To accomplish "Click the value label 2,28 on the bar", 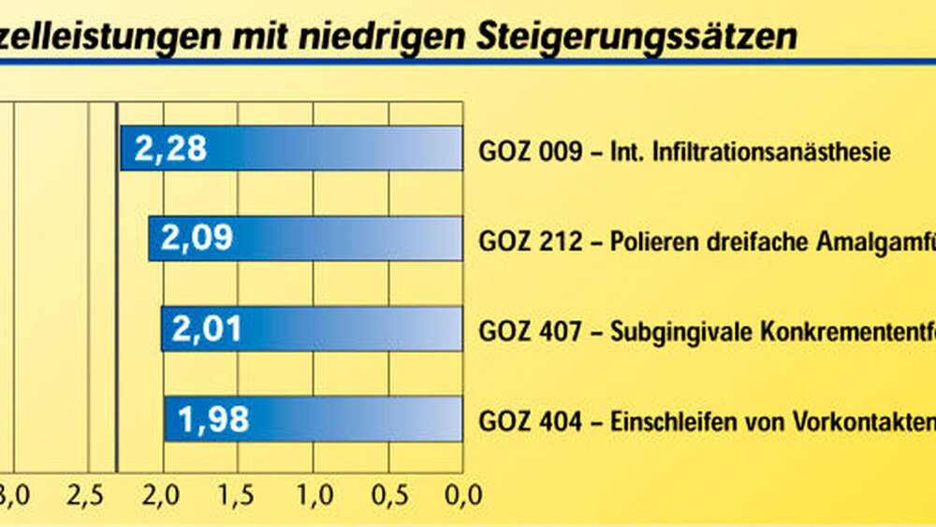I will [170, 149].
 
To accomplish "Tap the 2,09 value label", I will [197, 239].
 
